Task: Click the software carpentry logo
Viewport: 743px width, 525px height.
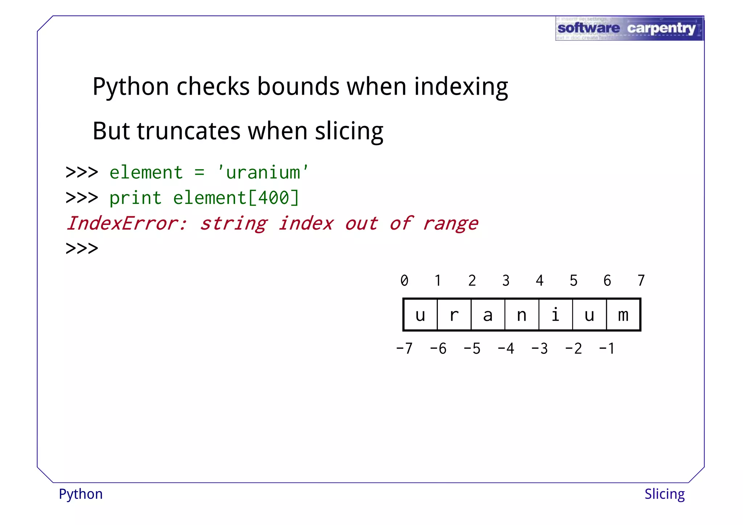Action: click(629, 28)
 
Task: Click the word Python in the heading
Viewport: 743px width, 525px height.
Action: click(131, 87)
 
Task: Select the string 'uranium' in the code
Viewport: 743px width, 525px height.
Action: click(263, 172)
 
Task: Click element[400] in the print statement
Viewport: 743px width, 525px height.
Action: click(236, 198)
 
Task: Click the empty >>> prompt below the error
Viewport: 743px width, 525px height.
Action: click(82, 249)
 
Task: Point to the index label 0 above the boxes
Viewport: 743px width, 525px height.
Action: click(404, 280)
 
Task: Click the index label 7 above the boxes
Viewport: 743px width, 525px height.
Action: click(641, 280)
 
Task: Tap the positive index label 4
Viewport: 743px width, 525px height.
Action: click(539, 280)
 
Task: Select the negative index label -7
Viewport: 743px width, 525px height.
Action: click(404, 349)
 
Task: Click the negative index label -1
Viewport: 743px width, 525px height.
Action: click(607, 349)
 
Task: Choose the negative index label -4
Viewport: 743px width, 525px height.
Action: click(506, 349)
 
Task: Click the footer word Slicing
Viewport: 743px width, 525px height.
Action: click(664, 494)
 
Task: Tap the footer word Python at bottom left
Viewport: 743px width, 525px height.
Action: click(81, 494)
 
